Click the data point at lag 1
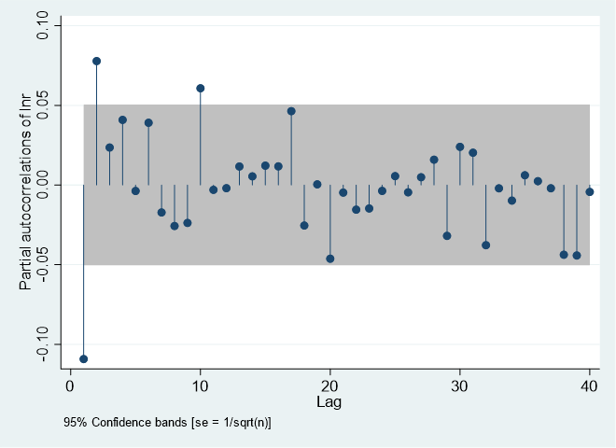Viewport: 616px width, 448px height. click(83, 358)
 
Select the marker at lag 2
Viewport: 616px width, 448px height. click(96, 61)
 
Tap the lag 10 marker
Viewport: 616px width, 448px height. click(200, 88)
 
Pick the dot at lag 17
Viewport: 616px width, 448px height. click(291, 111)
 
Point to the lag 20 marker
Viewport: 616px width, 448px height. click(330, 259)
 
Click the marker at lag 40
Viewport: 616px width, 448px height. click(590, 191)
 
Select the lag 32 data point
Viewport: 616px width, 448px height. click(485, 245)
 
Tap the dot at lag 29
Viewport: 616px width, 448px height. click(447, 236)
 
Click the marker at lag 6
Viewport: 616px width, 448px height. click(148, 122)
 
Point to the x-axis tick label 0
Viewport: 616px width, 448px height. click(70, 387)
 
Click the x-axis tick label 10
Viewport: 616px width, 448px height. click(200, 387)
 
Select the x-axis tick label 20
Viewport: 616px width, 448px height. click(329, 387)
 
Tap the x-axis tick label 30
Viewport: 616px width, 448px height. click(459, 387)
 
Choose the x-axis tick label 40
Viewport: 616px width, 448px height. click(590, 387)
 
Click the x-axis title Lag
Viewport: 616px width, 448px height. click(329, 403)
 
